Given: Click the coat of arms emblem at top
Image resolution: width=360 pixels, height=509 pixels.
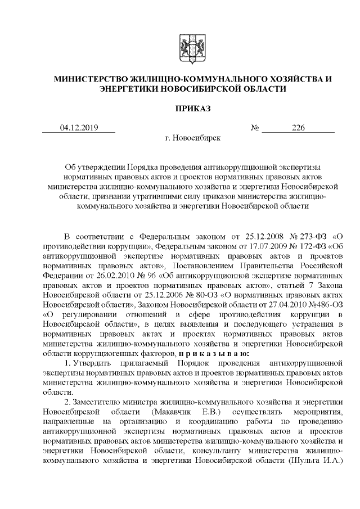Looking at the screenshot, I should coord(188,48).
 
